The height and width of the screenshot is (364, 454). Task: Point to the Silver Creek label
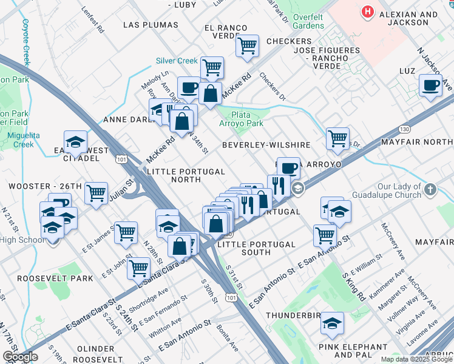(177, 61)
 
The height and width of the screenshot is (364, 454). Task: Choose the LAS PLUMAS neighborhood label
(151, 25)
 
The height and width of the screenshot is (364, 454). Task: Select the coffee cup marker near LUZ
(431, 86)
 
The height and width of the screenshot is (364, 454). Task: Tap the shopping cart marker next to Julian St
(96, 194)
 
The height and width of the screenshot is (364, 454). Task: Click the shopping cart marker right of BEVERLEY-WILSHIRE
(337, 138)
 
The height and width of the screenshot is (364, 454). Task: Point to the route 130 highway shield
(405, 129)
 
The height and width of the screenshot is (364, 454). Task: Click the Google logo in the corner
(20, 357)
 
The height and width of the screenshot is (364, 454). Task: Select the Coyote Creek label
(25, 42)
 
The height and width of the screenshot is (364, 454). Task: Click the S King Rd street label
(353, 286)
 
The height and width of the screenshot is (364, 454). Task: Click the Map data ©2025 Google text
(416, 359)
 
